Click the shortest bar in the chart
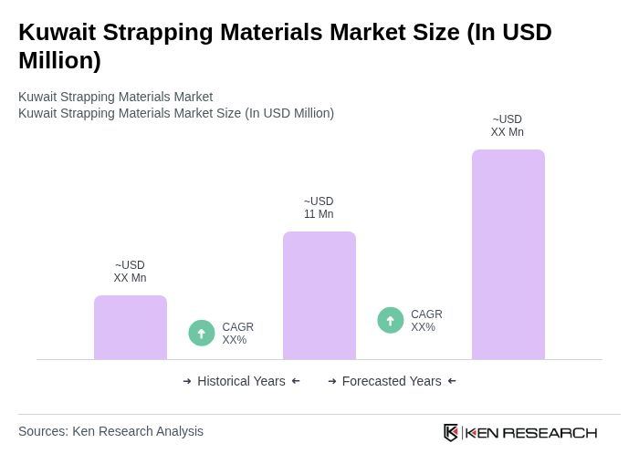[x=131, y=327]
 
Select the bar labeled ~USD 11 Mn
[x=319, y=295]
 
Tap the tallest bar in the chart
[x=508, y=254]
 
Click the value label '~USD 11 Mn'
[x=319, y=208]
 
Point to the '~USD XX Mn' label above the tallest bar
[x=508, y=126]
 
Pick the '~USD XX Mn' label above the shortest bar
[x=130, y=272]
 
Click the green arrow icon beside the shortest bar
[x=202, y=334]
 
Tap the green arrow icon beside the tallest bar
[x=391, y=321]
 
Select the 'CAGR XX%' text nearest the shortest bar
[x=237, y=334]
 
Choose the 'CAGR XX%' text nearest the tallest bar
[x=426, y=321]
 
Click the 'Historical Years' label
[x=241, y=381]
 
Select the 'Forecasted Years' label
[x=392, y=381]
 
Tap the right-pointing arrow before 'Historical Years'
[x=187, y=381]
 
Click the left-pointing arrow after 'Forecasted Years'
[x=452, y=381]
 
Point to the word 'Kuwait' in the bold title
[x=57, y=32]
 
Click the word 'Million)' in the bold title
[x=59, y=60]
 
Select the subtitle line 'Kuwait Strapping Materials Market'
[x=115, y=97]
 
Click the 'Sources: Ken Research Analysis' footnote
[x=110, y=431]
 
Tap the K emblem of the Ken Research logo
[x=451, y=432]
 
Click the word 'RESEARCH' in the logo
[x=550, y=432]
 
